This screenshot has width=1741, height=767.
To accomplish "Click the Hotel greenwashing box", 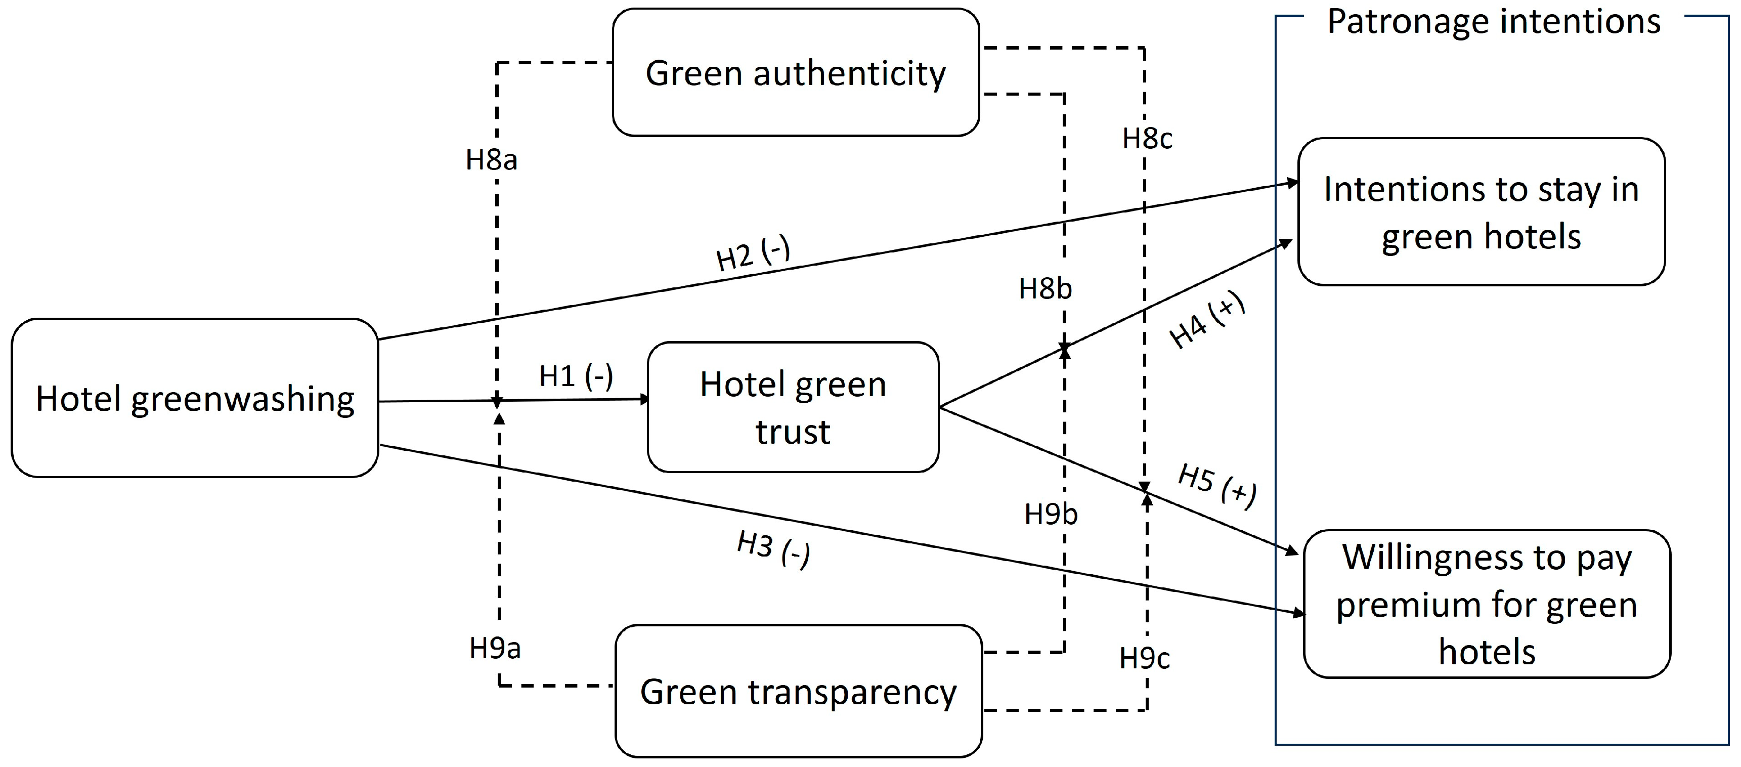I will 195,398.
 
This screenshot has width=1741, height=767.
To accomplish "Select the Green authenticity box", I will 796,73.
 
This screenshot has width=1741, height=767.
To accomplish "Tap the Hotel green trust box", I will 793,406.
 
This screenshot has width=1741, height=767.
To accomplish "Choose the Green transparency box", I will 798,691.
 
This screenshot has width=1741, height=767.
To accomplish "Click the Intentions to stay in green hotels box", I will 1481,212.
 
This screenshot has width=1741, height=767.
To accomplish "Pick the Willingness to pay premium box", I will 1486,604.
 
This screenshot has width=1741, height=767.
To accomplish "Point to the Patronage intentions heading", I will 1494,22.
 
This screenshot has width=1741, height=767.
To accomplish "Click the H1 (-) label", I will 576,376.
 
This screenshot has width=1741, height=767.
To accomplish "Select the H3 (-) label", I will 773,549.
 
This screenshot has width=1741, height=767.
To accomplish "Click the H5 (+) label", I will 1217,485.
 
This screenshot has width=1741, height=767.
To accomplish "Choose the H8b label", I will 1045,289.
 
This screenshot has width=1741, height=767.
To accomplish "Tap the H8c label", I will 1147,139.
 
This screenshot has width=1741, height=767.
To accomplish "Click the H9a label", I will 495,649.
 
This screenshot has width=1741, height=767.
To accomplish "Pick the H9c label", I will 1144,658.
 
